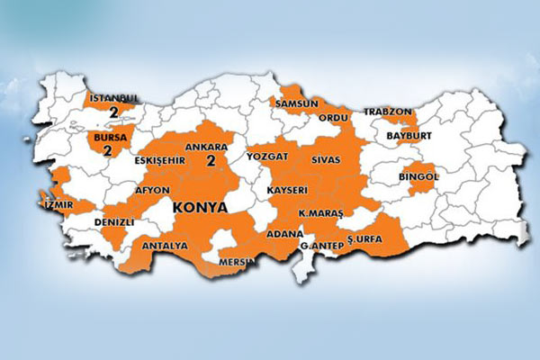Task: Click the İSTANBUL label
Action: tap(114, 98)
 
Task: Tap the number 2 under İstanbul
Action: tap(113, 112)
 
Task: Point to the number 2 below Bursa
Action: tap(107, 151)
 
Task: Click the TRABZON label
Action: tap(387, 112)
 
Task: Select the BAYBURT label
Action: tap(409, 135)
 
